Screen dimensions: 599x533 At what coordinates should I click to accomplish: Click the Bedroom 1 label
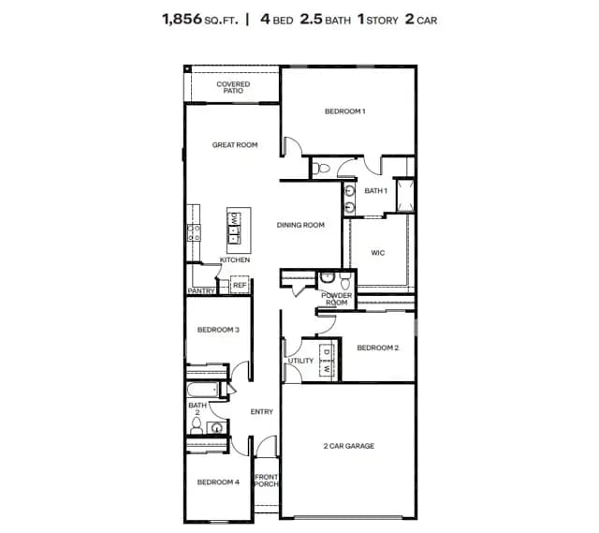click(x=345, y=111)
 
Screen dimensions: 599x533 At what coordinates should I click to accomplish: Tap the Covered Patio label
click(x=233, y=87)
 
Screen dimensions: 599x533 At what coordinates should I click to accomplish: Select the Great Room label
click(x=235, y=145)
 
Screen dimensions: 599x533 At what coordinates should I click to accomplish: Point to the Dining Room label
click(x=300, y=225)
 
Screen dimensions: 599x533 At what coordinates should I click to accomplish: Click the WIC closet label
click(x=378, y=253)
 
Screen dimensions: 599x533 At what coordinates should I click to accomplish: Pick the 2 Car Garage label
click(x=349, y=446)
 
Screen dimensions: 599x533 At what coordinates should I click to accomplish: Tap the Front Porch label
click(x=266, y=481)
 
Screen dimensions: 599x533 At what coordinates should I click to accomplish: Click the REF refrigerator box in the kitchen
click(x=240, y=285)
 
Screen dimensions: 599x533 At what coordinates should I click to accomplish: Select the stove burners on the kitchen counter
click(x=194, y=233)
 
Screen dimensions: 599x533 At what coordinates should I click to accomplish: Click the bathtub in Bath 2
click(x=203, y=390)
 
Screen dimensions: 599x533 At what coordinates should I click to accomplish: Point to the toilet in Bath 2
click(x=197, y=426)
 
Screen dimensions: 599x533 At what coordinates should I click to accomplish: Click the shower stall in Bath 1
click(x=405, y=196)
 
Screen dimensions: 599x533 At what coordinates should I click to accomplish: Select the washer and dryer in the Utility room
click(x=327, y=361)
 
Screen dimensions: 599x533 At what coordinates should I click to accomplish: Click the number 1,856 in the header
click(x=183, y=19)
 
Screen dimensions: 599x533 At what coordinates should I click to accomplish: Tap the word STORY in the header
click(x=382, y=21)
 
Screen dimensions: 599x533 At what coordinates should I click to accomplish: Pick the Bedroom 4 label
click(x=218, y=482)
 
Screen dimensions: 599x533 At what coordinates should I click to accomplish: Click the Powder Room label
click(x=337, y=299)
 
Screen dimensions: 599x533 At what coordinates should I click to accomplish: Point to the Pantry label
click(x=201, y=291)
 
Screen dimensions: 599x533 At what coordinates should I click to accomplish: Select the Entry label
click(x=262, y=412)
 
